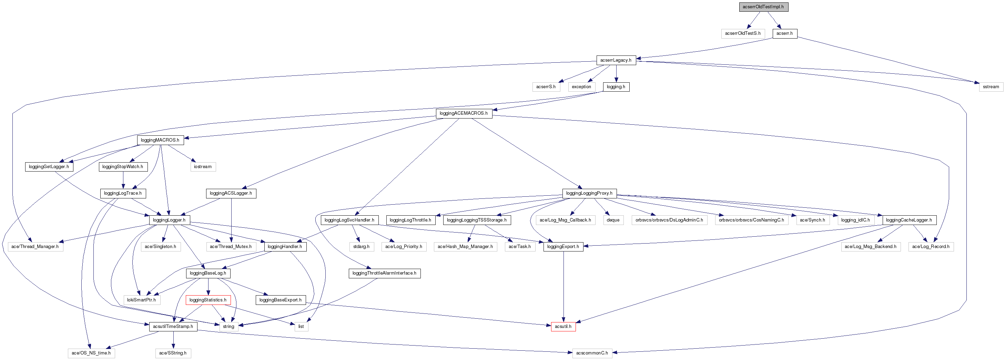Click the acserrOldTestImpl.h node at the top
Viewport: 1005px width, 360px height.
click(x=763, y=7)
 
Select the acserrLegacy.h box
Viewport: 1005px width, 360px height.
click(x=616, y=60)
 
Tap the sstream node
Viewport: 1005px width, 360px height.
click(x=991, y=86)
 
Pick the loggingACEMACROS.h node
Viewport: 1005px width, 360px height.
click(x=464, y=113)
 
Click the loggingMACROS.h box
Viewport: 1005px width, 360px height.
click(x=160, y=140)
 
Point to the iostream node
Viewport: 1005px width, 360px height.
click(x=203, y=166)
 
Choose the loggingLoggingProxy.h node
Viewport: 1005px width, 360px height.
click(x=589, y=193)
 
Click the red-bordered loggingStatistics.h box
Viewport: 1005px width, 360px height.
click(x=208, y=300)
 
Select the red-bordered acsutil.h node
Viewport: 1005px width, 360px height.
click(x=563, y=327)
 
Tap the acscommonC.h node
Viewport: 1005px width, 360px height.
click(x=592, y=353)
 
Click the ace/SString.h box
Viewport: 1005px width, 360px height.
click(x=173, y=353)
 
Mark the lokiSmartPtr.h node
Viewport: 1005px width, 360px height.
click(x=141, y=300)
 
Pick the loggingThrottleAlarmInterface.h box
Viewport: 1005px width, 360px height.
click(x=384, y=273)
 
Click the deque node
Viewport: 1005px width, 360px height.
click(x=613, y=220)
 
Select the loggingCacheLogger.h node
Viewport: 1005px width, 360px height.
click(x=908, y=220)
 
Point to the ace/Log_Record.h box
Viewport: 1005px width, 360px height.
click(x=931, y=247)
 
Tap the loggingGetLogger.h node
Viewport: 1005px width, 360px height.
click(x=49, y=166)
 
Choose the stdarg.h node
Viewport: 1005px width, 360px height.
click(x=361, y=247)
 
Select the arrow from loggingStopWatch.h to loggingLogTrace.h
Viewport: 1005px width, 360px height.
click(x=123, y=180)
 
